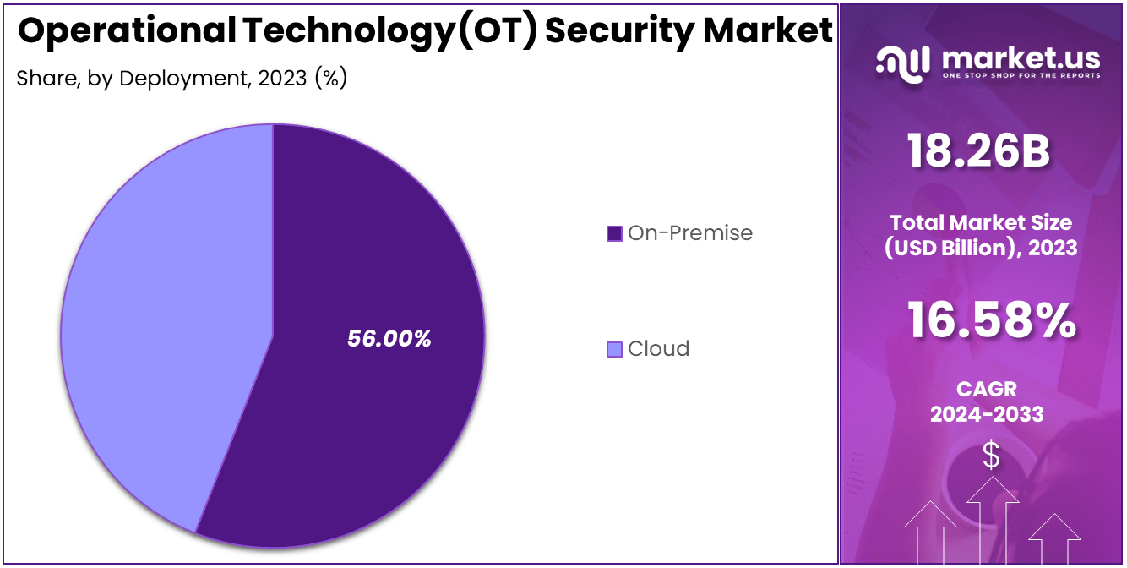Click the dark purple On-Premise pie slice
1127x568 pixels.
point(372,406)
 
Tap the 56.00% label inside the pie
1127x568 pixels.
point(389,339)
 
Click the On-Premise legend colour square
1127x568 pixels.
point(614,233)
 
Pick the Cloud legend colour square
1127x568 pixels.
point(614,349)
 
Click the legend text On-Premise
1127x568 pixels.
point(689,233)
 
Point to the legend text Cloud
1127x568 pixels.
point(658,349)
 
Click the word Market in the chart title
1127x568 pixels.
point(768,30)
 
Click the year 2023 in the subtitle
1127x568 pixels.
point(283,79)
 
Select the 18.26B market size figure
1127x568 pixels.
point(979,152)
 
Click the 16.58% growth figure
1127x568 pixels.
point(992,321)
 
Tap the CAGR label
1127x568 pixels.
point(986,389)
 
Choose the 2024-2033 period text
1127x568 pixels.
point(986,414)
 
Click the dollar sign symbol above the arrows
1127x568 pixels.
point(991,456)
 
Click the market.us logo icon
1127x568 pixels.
point(903,63)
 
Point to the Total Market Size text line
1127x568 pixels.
point(980,222)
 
